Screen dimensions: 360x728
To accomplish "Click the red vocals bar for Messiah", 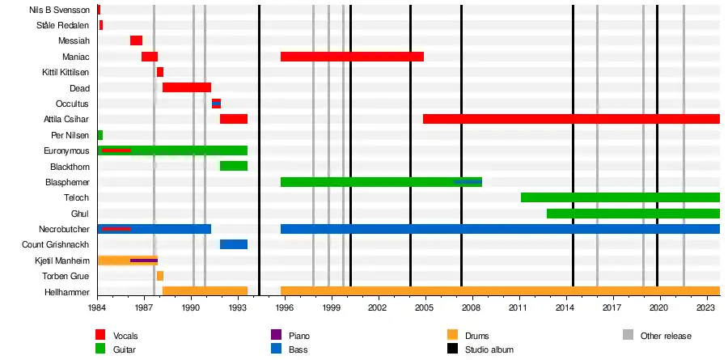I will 136,40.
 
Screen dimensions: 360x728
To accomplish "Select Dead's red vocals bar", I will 186,87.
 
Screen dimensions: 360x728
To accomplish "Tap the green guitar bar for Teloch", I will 620,197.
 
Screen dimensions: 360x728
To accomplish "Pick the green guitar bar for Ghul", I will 633,214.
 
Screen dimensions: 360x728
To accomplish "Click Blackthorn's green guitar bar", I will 233,166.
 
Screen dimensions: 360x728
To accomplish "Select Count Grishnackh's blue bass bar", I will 233,244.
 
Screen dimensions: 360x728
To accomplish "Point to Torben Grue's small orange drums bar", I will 160,276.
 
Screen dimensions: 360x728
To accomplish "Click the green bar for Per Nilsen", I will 99,135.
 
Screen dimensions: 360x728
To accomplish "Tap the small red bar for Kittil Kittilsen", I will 160,72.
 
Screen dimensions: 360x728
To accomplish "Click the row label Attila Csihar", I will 66,119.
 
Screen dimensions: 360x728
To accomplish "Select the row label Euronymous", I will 66,150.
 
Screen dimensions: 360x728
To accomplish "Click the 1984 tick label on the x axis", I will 97,308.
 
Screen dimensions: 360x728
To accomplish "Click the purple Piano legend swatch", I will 277,335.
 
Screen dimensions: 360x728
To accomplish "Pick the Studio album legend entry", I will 477,349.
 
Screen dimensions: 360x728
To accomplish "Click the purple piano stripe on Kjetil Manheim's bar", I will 143,260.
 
